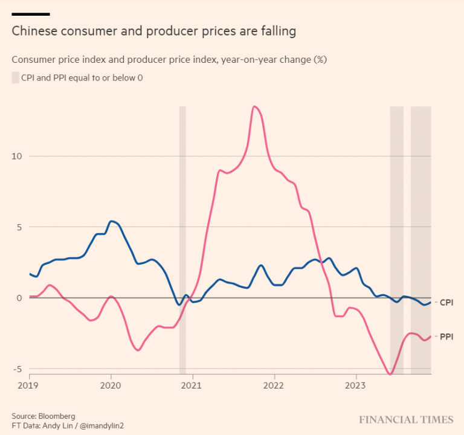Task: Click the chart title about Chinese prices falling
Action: pos(154,31)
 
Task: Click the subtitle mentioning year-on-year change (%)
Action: pos(169,59)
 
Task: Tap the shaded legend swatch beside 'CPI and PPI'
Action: pos(15,77)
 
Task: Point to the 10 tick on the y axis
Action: pos(16,156)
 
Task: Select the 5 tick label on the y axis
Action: pos(19,227)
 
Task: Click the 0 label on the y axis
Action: pos(19,298)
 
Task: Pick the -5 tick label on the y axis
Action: pos(17,369)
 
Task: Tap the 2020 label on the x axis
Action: pos(111,385)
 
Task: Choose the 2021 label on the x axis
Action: pos(192,385)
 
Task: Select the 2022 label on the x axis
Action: pos(274,385)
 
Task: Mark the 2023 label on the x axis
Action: pos(355,385)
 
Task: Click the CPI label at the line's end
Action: pos(446,301)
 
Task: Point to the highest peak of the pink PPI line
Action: pos(255,107)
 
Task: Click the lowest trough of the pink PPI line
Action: pos(390,375)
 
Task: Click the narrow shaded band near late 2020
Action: pos(182,242)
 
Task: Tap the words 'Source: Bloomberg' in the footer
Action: pos(43,416)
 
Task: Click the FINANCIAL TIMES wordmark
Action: pos(406,419)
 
